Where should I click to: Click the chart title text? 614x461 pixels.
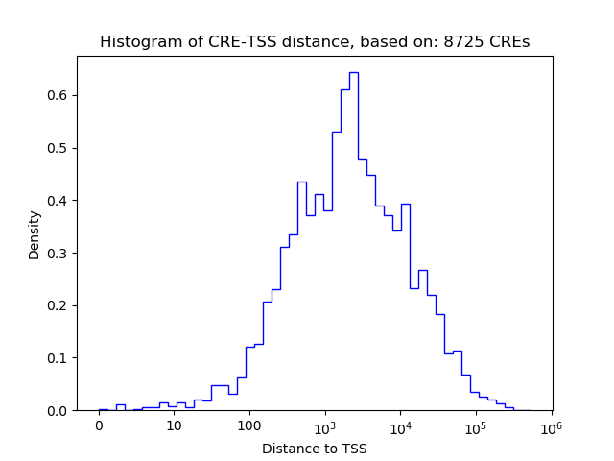coord(314,42)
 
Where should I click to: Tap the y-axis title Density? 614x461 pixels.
coord(35,233)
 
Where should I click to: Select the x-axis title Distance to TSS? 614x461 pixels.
coord(314,449)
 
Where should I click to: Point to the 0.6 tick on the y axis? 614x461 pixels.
coord(58,95)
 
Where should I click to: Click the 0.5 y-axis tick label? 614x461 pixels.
coord(58,148)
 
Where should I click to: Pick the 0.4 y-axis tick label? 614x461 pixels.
coord(58,201)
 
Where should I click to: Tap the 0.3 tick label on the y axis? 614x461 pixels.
coord(58,253)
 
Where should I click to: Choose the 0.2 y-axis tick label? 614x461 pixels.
coord(58,305)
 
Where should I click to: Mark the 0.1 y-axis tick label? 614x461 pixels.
coord(58,358)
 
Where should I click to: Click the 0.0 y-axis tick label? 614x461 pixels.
coord(58,411)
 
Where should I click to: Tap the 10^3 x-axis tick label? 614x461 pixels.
coord(324,425)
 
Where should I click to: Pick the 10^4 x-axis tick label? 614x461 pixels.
coord(400,425)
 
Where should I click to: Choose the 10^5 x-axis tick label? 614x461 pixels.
coord(475,425)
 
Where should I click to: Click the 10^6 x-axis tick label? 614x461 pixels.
coord(551,425)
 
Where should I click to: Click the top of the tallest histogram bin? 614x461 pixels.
coord(353,72)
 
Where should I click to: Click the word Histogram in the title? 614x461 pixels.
coord(135,42)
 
